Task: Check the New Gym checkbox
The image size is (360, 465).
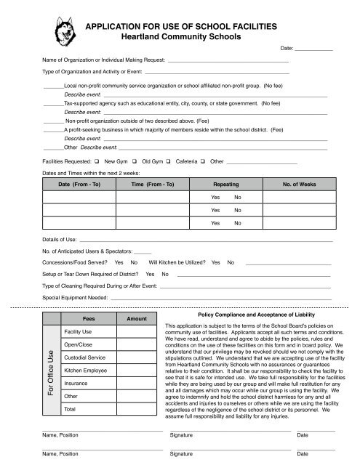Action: [97, 160]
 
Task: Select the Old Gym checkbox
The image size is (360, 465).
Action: [135, 160]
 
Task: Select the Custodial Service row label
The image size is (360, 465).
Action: [84, 358]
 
